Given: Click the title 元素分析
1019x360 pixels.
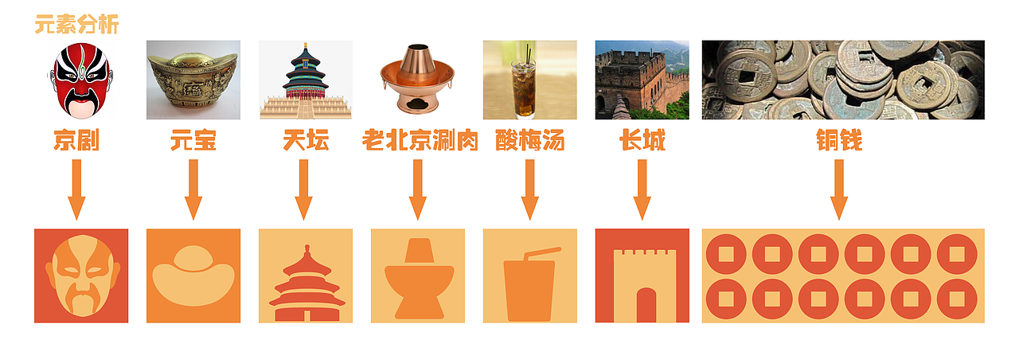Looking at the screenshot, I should tap(76, 25).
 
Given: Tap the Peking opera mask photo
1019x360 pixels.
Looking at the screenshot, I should tap(80, 80).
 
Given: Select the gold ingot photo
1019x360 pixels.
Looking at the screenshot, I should tap(193, 80).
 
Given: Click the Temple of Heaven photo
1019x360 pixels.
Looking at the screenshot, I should tap(306, 80).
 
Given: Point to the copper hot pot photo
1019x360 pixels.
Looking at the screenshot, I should tap(418, 80).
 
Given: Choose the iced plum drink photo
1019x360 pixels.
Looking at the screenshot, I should tap(529, 80).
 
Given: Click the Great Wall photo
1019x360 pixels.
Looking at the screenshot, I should tap(642, 80).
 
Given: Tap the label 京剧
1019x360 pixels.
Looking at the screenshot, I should tap(76, 142).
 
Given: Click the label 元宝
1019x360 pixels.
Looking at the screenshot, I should tap(193, 142).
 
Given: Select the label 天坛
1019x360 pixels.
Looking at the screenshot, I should tap(306, 142).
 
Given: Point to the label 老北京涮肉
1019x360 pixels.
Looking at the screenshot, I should tap(420, 142).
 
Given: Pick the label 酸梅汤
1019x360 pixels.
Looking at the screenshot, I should tap(529, 142).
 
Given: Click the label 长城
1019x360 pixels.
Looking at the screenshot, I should tap(642, 142).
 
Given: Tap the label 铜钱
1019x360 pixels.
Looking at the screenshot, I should tap(839, 142).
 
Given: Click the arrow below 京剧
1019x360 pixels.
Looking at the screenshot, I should tap(76, 190).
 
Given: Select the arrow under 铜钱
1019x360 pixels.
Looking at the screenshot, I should tap(838, 190).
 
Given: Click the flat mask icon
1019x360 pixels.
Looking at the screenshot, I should tap(81, 276).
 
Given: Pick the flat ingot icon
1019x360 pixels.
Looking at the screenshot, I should tap(193, 276).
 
